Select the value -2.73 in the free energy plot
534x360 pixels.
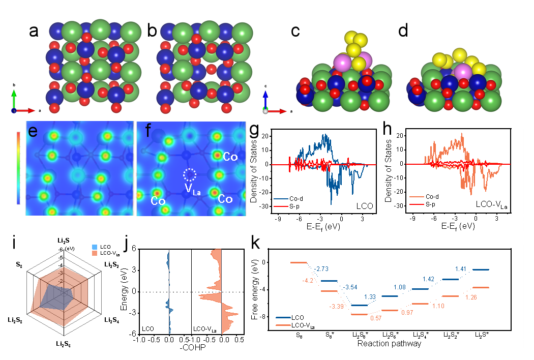tap(323, 268)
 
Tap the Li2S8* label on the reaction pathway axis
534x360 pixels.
tap(360, 335)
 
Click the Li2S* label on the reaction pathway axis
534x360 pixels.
tap(482, 335)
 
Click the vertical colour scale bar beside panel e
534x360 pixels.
tap(19, 168)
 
